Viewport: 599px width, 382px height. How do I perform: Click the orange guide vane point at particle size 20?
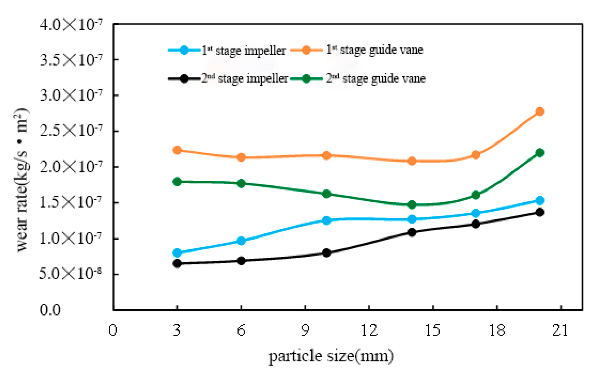(x=540, y=111)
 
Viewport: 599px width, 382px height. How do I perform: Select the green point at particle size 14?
(x=412, y=205)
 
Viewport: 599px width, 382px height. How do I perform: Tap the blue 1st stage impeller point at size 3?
(x=177, y=253)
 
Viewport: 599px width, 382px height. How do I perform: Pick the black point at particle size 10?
(x=326, y=253)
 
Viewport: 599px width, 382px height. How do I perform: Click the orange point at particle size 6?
(x=241, y=158)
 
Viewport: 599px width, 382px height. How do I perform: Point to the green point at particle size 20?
(x=540, y=152)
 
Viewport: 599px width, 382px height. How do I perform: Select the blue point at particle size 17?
(x=476, y=213)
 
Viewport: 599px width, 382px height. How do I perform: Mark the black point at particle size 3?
(x=177, y=263)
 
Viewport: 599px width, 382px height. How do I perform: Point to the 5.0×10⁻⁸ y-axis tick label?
(x=70, y=274)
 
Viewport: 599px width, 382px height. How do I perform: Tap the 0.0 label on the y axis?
(x=50, y=310)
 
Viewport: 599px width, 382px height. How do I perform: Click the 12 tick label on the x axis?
(x=369, y=330)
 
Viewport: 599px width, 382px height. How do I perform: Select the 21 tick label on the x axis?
(x=560, y=330)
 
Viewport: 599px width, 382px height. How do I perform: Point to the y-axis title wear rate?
(x=22, y=180)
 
